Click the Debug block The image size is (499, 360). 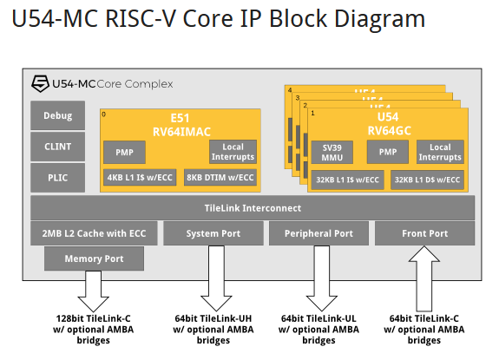coord(58,115)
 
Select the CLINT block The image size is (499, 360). coord(58,147)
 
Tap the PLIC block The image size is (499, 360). coord(58,178)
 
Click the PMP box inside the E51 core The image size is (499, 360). coord(125,153)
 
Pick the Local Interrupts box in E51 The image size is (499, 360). coord(233,152)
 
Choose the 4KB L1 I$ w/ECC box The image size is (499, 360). coord(139,178)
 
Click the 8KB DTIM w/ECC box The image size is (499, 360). coord(220,178)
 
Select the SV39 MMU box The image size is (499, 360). coord(333,153)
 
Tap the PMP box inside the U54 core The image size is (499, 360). coord(387,153)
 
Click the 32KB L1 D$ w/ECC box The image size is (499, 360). coord(427,180)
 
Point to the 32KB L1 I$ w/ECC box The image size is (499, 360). coord(347,180)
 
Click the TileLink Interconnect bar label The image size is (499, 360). coord(253,208)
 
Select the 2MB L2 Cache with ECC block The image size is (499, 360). coord(93,233)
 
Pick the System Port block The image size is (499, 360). coord(213,233)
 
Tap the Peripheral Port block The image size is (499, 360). coord(319,233)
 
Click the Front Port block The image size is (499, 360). coord(424,233)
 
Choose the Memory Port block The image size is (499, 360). coord(93,259)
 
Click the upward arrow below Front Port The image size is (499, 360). coord(424,278)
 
